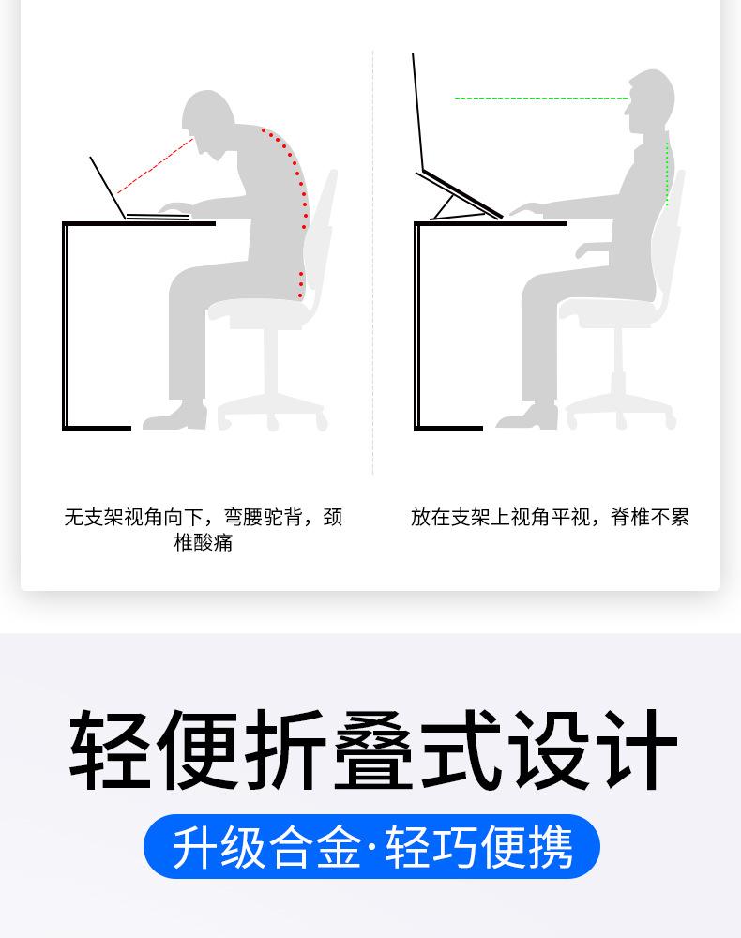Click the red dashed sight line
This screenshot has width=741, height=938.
(155, 166)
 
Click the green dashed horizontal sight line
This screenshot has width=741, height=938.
(541, 98)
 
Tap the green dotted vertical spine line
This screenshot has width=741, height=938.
(667, 174)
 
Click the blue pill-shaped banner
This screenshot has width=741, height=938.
(371, 846)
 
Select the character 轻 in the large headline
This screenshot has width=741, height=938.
(111, 750)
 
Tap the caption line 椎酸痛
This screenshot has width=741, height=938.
(203, 542)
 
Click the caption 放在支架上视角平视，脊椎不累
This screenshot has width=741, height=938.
(550, 517)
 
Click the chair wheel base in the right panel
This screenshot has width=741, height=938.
(621, 409)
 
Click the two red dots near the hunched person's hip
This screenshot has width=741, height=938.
(300, 285)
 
